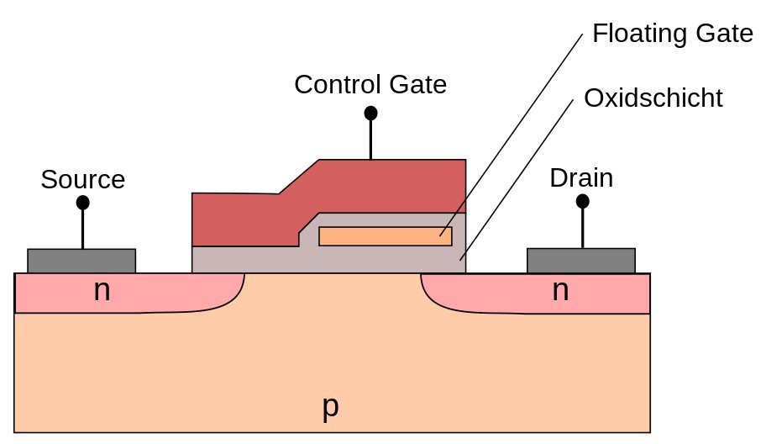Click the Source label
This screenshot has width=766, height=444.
[82, 179]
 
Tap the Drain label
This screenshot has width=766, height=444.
[581, 178]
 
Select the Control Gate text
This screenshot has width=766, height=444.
[370, 84]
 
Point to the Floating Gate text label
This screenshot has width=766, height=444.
[672, 34]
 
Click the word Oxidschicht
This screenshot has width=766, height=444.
[653, 98]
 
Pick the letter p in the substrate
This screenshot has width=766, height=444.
[331, 407]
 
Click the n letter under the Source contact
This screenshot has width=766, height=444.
[102, 291]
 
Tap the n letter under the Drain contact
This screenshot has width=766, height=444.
[560, 291]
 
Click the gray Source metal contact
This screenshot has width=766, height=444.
[81, 261]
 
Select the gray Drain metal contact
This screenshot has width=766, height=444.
[580, 261]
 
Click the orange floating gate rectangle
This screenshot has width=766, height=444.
[386, 236]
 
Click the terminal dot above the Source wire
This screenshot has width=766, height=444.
[82, 203]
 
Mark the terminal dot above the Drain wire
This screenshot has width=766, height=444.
[582, 202]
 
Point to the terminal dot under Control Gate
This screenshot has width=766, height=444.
[370, 113]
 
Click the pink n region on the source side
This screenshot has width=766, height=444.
[168, 294]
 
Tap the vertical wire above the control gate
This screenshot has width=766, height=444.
[370, 139]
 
